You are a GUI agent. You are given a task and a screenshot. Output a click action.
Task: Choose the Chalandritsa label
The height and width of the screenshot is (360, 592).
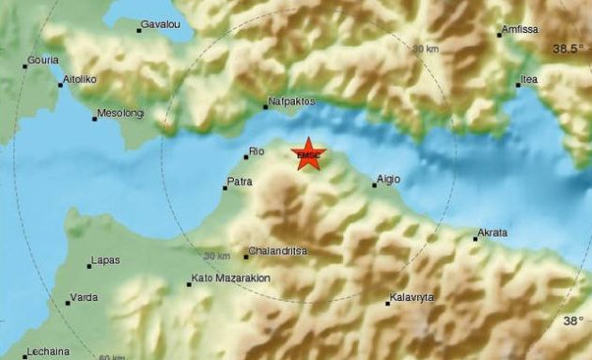point(279,252)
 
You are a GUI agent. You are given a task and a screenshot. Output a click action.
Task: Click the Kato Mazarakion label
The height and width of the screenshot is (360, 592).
point(231,279)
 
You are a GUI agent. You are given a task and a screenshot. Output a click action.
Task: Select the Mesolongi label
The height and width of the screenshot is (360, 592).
point(118,117)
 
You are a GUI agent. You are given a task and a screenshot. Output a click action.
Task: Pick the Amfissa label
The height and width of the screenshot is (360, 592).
point(522,30)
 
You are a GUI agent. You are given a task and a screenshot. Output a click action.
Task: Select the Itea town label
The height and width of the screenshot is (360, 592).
point(530,80)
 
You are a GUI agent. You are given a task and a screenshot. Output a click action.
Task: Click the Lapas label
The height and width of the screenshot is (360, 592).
point(103,261)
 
